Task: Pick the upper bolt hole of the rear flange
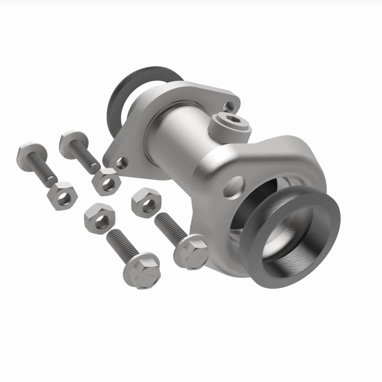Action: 230,106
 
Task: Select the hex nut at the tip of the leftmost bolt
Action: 61,196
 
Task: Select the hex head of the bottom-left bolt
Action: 142,270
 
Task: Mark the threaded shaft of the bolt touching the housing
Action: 169,226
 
